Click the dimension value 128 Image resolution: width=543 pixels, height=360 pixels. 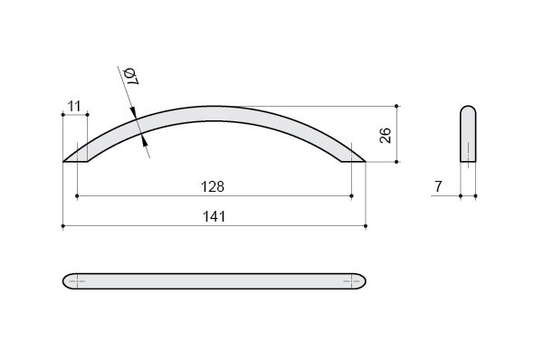pos(213,187)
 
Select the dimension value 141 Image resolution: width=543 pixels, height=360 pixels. pos(214,217)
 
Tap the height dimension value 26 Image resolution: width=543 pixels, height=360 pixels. pos(386,136)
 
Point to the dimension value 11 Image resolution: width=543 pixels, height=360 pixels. pos(74,106)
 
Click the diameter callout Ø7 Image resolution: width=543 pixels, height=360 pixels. pos(131,77)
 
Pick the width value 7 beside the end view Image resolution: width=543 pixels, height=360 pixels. pos(438,186)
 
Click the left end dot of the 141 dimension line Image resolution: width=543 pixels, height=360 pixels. pos(63,226)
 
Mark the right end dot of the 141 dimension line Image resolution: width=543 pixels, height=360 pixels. pos(366,226)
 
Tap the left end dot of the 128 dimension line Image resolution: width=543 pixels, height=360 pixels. pos(77,196)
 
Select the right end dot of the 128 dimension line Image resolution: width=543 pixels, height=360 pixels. pos(351,196)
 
